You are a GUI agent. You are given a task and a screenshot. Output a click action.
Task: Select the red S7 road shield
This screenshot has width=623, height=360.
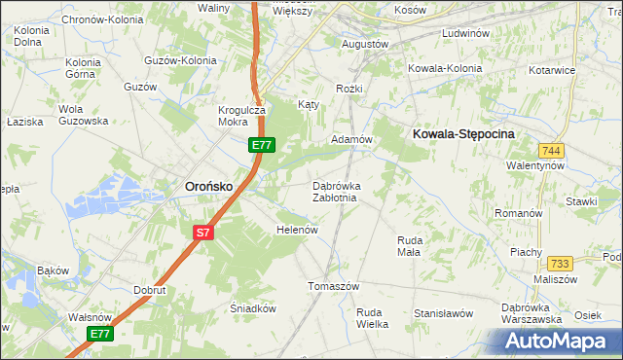point(202,233)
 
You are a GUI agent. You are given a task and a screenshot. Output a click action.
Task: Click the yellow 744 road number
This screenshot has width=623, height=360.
point(552,150)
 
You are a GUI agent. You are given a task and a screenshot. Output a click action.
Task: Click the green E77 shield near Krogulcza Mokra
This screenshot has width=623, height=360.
point(261,145)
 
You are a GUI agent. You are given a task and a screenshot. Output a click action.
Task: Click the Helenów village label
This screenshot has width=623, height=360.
point(298,230)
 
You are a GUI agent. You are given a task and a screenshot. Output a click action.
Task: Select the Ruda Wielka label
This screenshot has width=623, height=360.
point(372,318)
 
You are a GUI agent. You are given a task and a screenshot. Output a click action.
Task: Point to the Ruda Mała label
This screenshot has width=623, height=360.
point(409,245)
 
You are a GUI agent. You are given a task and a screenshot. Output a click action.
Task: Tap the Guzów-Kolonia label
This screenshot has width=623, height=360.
point(179,60)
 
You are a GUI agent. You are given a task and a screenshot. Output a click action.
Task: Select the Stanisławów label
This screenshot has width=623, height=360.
point(443,313)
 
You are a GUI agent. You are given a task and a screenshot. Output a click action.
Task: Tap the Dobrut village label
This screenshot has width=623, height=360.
point(151,290)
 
